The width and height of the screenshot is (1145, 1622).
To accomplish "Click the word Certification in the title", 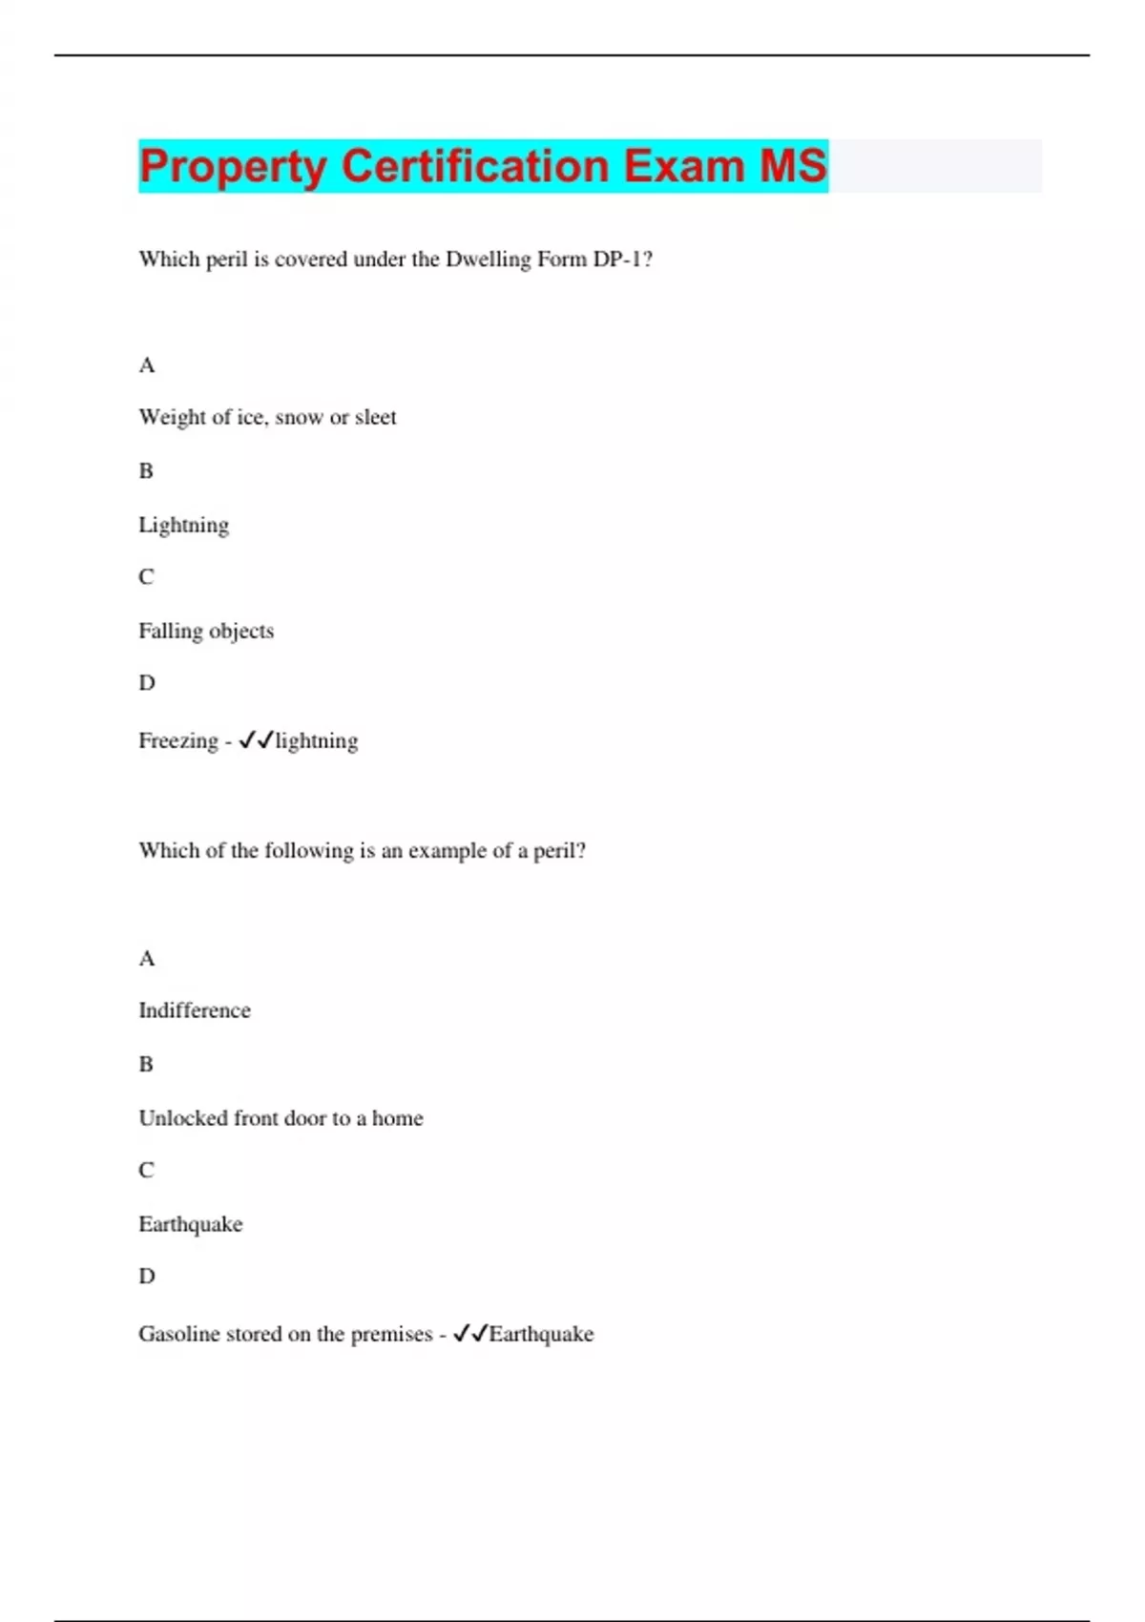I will point(474,166).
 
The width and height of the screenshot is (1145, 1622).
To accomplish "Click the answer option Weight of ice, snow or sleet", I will point(267,417).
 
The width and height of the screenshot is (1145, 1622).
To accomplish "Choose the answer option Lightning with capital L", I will point(183,525).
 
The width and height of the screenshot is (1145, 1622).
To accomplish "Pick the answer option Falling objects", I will point(206,631).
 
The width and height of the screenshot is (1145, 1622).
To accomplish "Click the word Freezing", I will point(178,740).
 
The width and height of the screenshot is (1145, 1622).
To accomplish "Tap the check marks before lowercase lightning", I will point(256,740).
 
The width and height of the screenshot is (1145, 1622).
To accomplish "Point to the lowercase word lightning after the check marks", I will point(317,740).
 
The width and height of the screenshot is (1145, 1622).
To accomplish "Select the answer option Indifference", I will point(195,1010).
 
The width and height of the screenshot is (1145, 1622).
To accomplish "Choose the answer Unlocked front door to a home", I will point(281,1118).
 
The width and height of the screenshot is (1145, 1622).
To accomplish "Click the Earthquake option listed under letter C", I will point(191,1224).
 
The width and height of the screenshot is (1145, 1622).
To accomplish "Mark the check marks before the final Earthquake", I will point(470,1334).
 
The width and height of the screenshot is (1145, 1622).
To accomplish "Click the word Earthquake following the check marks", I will point(541,1334).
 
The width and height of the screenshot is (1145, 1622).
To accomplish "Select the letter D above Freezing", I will point(146,683).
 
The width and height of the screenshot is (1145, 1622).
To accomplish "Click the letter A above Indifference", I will point(146,958).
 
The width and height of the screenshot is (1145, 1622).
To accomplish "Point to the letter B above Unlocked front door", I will point(146,1064).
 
